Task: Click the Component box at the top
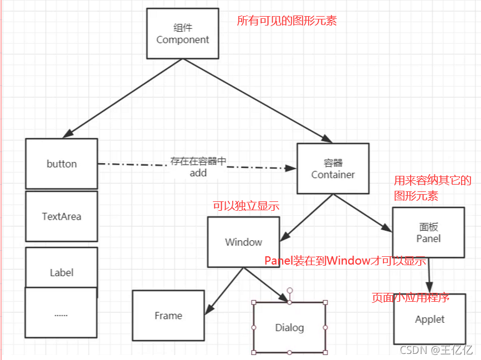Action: (182, 34)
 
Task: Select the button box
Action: (62, 164)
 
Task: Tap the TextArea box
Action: (62, 216)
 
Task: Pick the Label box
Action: (62, 272)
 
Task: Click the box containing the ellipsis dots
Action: (61, 313)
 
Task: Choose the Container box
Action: (332, 169)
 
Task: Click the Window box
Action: (244, 242)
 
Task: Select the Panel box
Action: (428, 232)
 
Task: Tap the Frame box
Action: (168, 315)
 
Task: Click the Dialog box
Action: (289, 327)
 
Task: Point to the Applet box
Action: (429, 319)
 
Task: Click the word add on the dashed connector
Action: (198, 173)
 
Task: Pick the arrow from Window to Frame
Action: (224, 289)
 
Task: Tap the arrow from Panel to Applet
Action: (429, 275)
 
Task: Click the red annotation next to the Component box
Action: (286, 21)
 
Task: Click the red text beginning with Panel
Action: (345, 261)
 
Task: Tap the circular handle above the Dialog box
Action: (289, 290)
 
